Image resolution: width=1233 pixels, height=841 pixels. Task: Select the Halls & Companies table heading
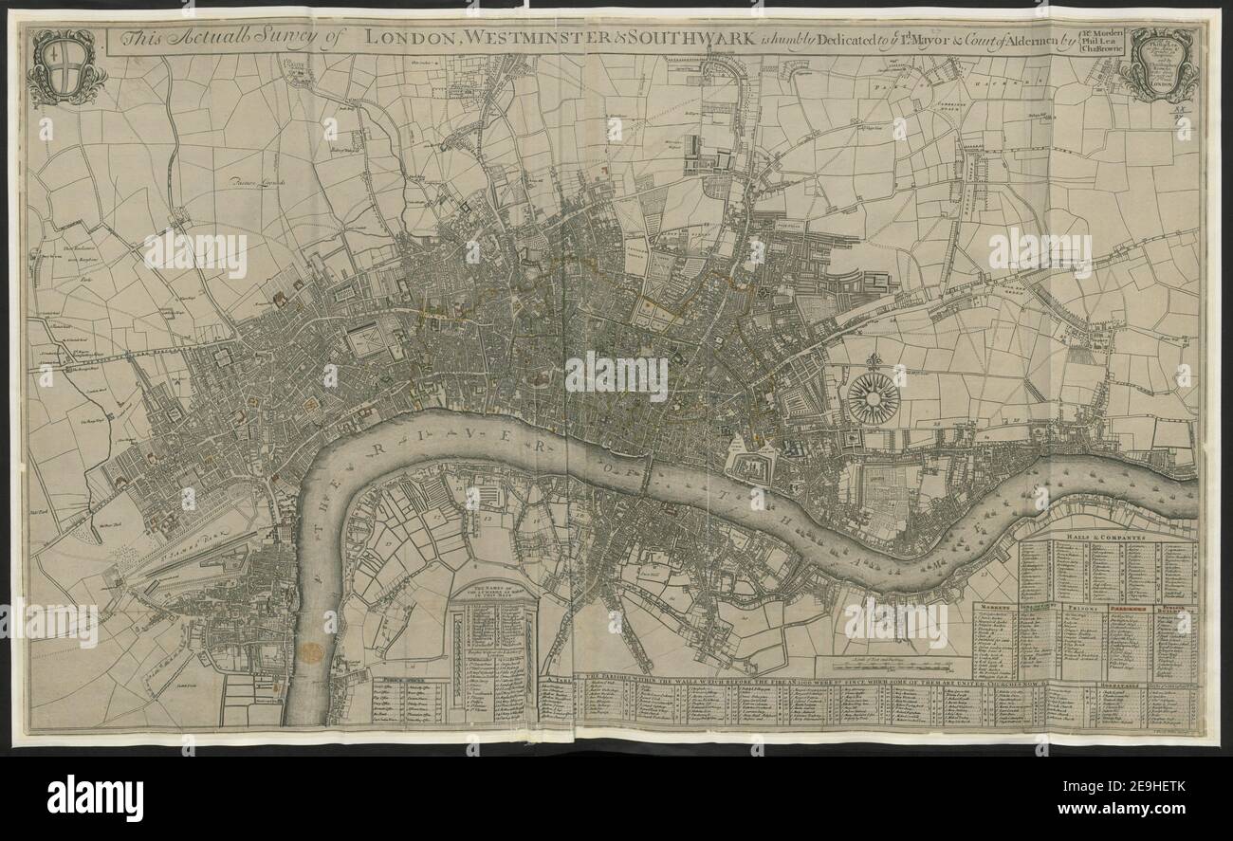point(1108,536)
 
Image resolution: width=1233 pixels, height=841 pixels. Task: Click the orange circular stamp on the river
point(310,651)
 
